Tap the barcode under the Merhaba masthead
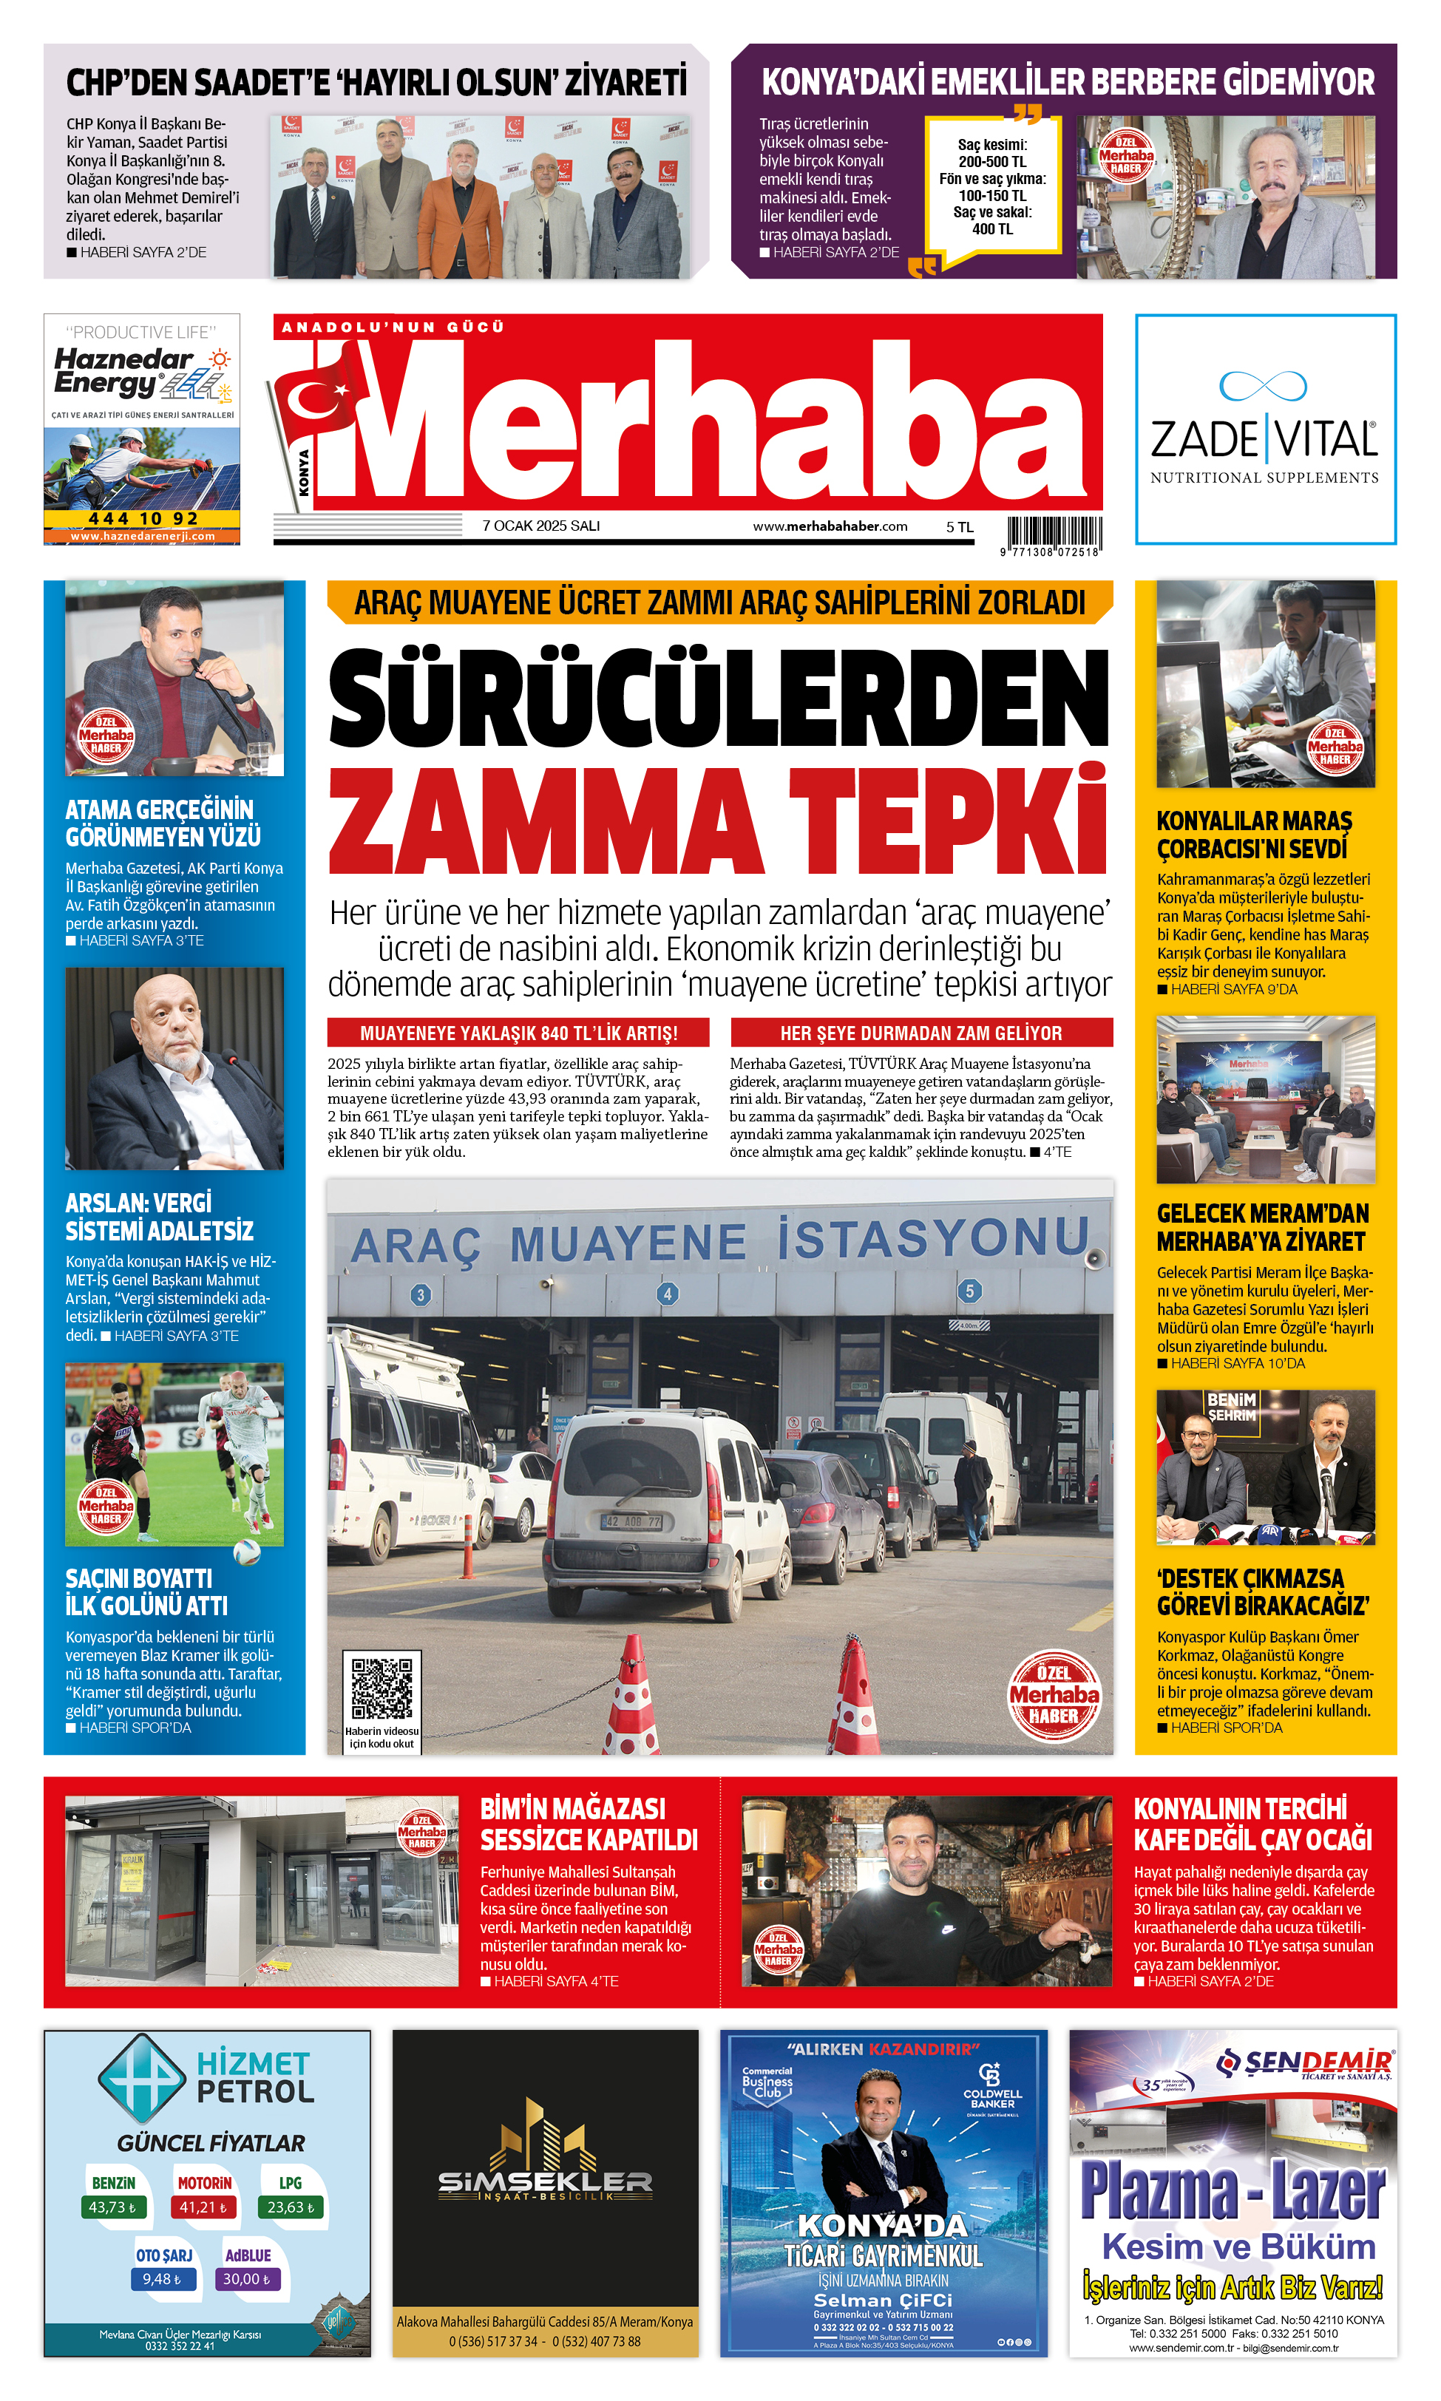click(1054, 533)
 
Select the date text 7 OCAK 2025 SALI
click(541, 526)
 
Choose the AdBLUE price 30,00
click(247, 2279)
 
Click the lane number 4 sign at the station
click(667, 1293)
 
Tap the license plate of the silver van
click(632, 1521)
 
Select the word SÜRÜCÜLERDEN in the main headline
click(719, 699)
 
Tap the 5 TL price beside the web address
click(960, 527)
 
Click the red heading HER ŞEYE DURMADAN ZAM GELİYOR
click(920, 1033)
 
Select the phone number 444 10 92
click(143, 518)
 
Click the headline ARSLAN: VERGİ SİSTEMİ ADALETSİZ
click(159, 1217)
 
